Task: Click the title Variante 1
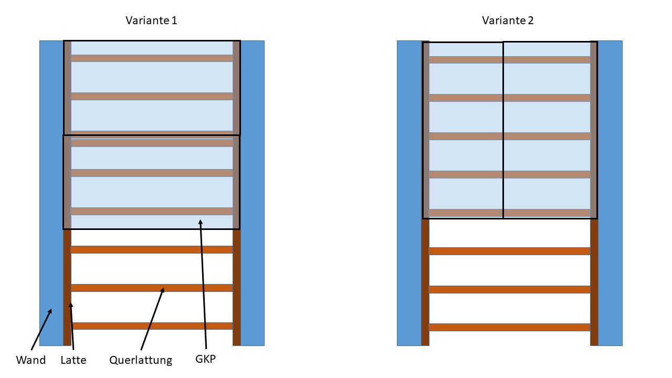coord(151,20)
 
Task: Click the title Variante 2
coord(508,20)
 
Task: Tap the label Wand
coord(30,360)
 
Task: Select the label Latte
coord(73,360)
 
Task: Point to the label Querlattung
coord(141,360)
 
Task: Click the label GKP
coord(205,360)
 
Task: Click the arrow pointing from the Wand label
coord(41,329)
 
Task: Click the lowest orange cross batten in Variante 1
coord(152,326)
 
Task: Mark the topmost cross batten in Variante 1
coord(152,58)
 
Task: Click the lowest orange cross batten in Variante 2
coord(509,327)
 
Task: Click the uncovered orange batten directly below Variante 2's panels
coord(509,251)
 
